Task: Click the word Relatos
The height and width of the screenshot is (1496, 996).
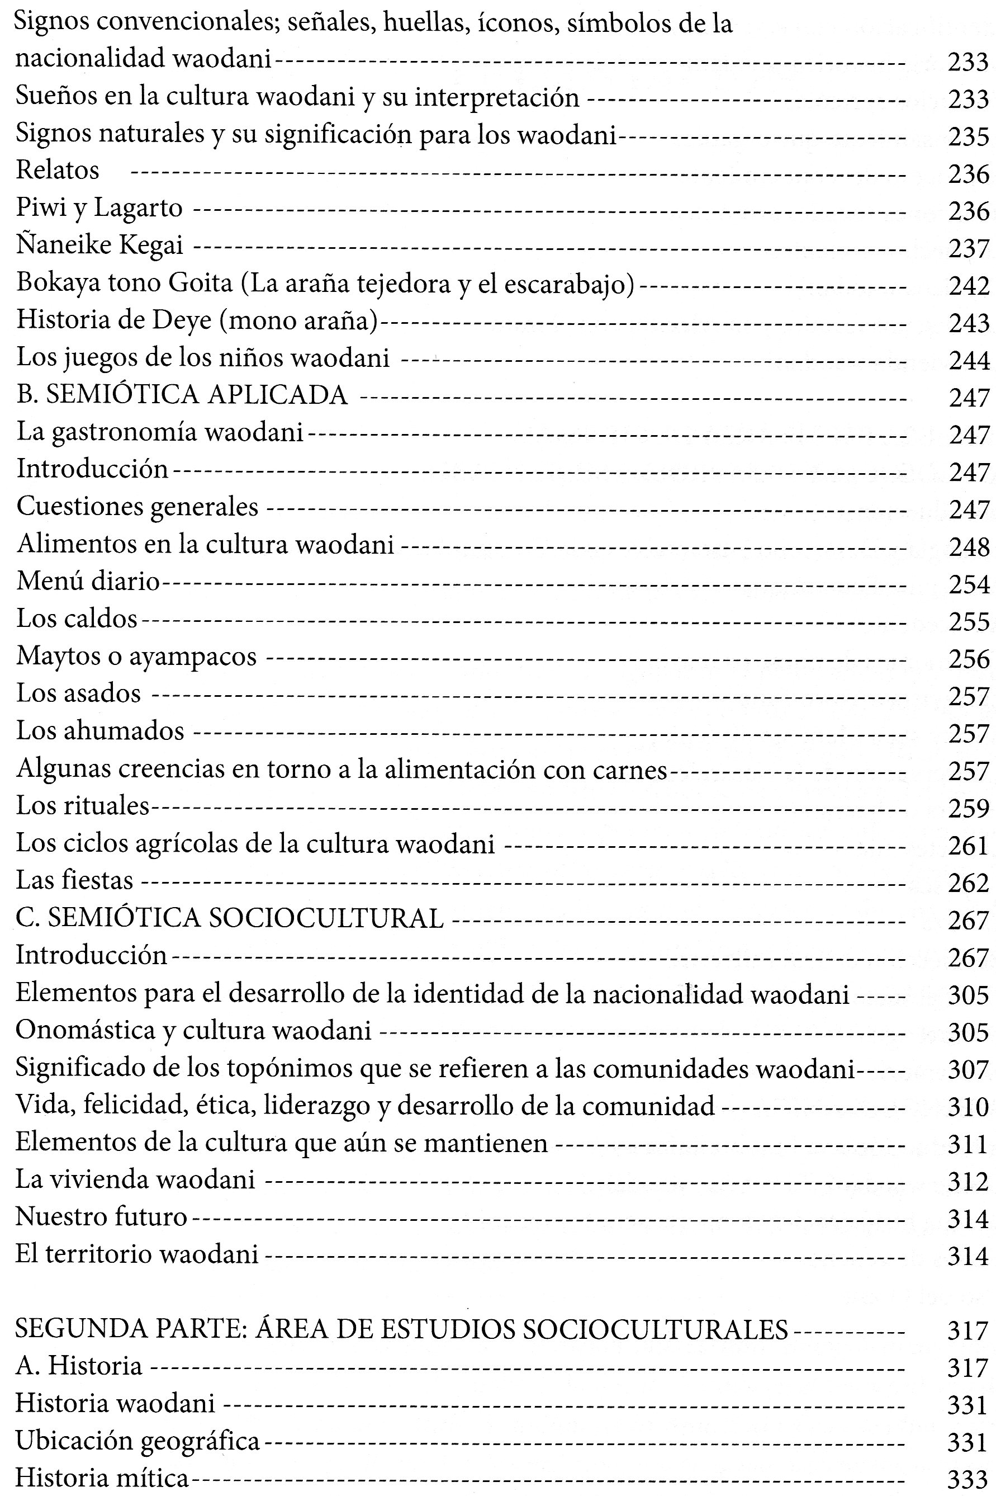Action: coord(58,171)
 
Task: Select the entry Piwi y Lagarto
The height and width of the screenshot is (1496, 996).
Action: coord(99,208)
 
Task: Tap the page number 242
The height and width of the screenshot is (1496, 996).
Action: coord(969,285)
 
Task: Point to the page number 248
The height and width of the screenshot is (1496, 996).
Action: coord(969,546)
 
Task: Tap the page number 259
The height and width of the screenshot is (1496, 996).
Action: coord(969,808)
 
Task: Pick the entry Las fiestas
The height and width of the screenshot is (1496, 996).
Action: coord(74,880)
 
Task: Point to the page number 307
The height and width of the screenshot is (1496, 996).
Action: coord(969,1070)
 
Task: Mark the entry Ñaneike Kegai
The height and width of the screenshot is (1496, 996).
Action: coord(99,245)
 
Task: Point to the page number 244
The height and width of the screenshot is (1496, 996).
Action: coord(969,360)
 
